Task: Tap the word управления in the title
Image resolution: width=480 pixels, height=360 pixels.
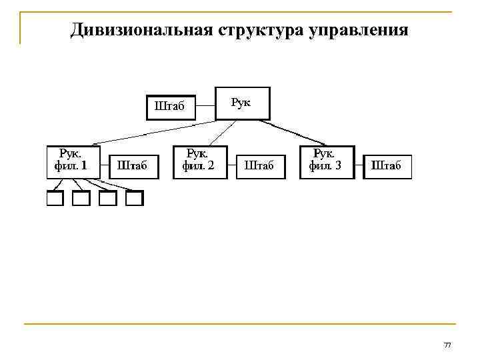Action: coord(358,31)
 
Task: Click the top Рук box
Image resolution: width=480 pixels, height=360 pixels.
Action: coord(243,103)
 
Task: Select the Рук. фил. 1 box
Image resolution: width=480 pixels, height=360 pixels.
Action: coord(73,162)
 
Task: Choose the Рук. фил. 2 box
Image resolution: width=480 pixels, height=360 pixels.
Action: coord(199,162)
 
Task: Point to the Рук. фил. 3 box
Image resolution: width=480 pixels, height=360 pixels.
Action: coord(327,162)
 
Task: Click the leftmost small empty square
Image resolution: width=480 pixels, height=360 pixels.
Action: coord(54,198)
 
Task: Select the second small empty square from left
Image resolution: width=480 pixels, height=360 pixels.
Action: coord(81,198)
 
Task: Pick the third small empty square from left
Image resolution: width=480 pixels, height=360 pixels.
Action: coord(108,198)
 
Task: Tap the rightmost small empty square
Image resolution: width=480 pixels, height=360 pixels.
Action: coord(135,198)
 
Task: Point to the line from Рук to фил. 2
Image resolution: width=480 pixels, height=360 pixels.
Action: coord(220,132)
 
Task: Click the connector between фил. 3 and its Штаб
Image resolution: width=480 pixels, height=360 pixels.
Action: coord(359,163)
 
